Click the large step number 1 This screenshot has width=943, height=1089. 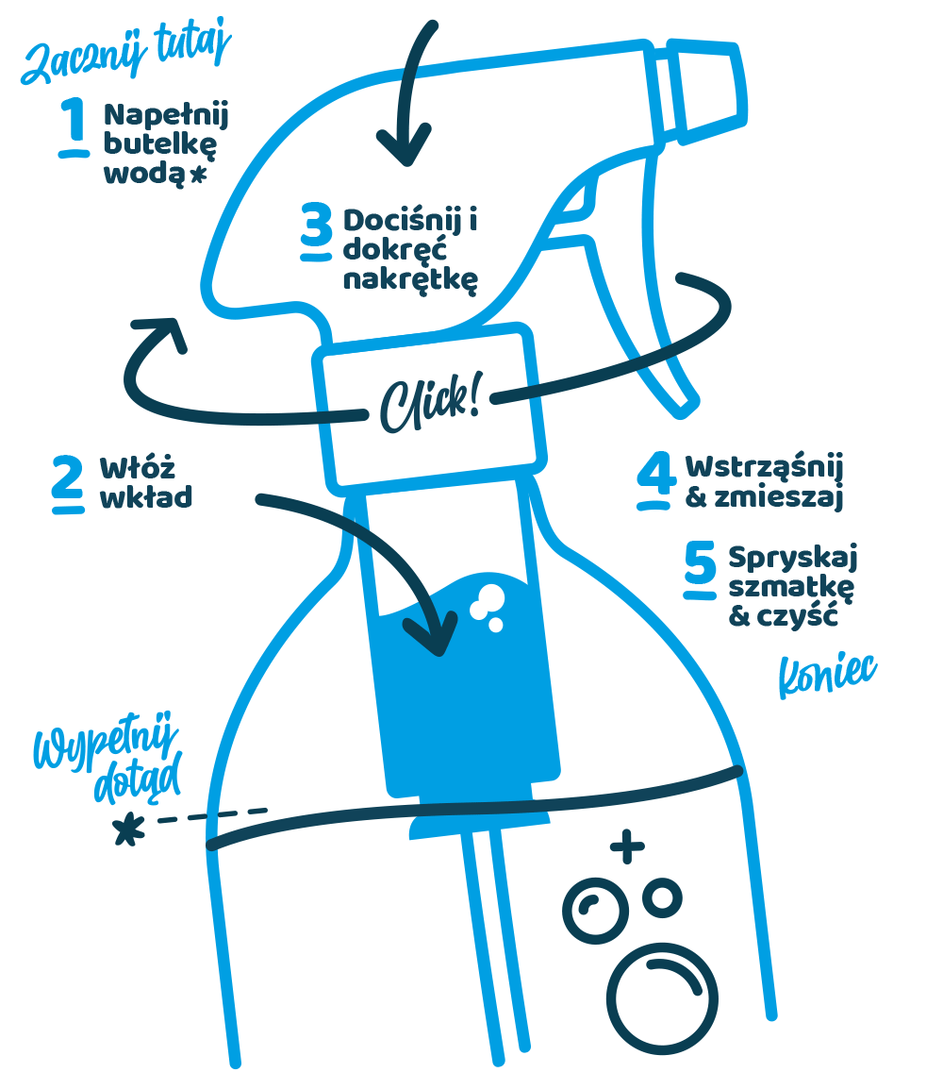tap(73, 126)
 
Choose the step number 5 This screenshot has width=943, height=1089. tap(700, 569)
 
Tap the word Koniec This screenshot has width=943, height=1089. tap(827, 674)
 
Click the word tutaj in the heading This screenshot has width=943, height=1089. tap(193, 44)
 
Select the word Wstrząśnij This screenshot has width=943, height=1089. tap(764, 467)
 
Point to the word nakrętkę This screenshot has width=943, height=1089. tap(410, 280)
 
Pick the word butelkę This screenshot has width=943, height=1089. tap(160, 144)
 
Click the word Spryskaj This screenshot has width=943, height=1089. tap(793, 558)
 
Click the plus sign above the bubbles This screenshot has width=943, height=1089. tap(627, 846)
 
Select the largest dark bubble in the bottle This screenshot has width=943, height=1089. tap(662, 998)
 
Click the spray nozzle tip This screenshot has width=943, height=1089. tap(709, 92)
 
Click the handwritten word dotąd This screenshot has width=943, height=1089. tap(138, 777)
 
